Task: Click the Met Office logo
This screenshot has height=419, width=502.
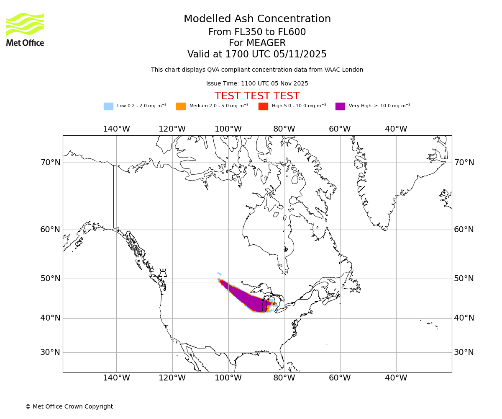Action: coord(25,29)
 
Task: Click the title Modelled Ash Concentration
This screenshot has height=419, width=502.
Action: coord(257,19)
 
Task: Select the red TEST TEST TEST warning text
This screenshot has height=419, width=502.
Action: coord(257,96)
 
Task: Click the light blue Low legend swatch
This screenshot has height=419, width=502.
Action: coord(108,106)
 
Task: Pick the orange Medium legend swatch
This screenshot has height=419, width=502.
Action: coord(181,106)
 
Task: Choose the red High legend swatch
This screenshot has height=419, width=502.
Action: coord(263,106)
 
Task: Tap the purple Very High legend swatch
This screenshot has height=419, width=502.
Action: coord(340,106)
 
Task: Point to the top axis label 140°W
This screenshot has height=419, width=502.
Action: coord(116,129)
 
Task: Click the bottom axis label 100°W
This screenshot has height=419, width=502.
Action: coord(228,378)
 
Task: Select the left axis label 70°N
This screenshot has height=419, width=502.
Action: coord(50,163)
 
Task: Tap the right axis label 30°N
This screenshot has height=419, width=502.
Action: coord(464,352)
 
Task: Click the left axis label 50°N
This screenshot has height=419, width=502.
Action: coord(50,279)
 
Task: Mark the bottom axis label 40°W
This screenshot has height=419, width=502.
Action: coord(396,378)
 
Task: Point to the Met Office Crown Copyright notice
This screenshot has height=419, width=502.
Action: coord(69,406)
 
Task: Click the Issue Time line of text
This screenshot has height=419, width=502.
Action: coord(257,83)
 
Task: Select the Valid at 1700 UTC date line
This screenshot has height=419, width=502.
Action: coord(257,54)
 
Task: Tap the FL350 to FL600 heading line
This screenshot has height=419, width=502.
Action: coord(257,32)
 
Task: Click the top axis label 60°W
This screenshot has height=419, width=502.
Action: coord(340,129)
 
